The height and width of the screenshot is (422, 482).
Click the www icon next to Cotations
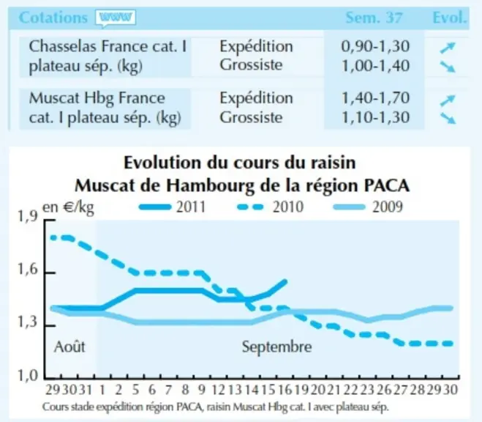click(x=116, y=18)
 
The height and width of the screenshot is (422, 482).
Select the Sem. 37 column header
click(x=374, y=18)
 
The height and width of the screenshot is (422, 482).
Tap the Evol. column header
click(x=450, y=18)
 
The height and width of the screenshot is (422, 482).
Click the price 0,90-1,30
click(x=375, y=46)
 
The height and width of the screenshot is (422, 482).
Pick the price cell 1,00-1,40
click(x=376, y=66)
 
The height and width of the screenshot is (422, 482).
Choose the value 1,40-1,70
click(x=376, y=98)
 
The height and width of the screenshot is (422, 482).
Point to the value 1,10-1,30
click(x=376, y=117)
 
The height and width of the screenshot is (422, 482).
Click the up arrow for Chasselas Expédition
click(x=448, y=48)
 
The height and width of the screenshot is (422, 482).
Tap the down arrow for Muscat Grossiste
click(x=448, y=118)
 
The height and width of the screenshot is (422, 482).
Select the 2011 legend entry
click(x=172, y=207)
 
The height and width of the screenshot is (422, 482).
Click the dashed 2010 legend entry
click(x=270, y=207)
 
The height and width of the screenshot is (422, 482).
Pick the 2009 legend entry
click(x=368, y=207)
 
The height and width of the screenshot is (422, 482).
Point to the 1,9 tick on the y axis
click(x=28, y=217)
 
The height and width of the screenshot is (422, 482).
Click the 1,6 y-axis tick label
click(x=28, y=270)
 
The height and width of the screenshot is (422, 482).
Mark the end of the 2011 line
click(x=285, y=281)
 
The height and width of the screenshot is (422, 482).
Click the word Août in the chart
click(x=69, y=347)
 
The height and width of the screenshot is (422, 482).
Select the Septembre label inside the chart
click(x=276, y=347)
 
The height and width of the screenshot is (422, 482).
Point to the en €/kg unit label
click(x=68, y=208)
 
